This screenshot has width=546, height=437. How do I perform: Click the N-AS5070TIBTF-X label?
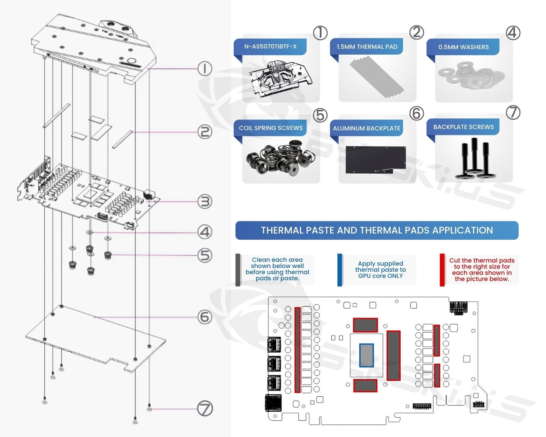[270, 46]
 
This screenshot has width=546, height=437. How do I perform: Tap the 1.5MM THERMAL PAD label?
[367, 47]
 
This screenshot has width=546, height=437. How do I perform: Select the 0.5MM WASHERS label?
[463, 47]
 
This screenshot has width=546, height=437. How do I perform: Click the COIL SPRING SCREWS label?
[271, 128]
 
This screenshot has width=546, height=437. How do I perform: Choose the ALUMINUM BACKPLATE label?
[367, 128]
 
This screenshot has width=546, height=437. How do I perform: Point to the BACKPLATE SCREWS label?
[463, 127]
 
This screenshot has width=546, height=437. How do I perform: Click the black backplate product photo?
[375, 160]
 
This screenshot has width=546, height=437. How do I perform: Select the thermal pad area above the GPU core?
[365, 325]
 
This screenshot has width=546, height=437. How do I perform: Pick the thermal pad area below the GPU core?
[365, 385]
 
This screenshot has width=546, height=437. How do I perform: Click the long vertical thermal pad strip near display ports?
[297, 350]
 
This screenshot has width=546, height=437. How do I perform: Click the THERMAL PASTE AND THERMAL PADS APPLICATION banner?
[377, 230]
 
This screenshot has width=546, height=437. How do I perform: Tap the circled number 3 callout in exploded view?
[205, 201]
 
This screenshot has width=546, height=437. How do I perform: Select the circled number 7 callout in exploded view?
[205, 408]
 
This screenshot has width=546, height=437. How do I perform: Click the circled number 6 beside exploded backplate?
[205, 317]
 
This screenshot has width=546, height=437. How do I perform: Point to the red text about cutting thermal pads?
[482, 270]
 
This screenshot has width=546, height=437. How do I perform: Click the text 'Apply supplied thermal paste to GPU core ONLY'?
[380, 270]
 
